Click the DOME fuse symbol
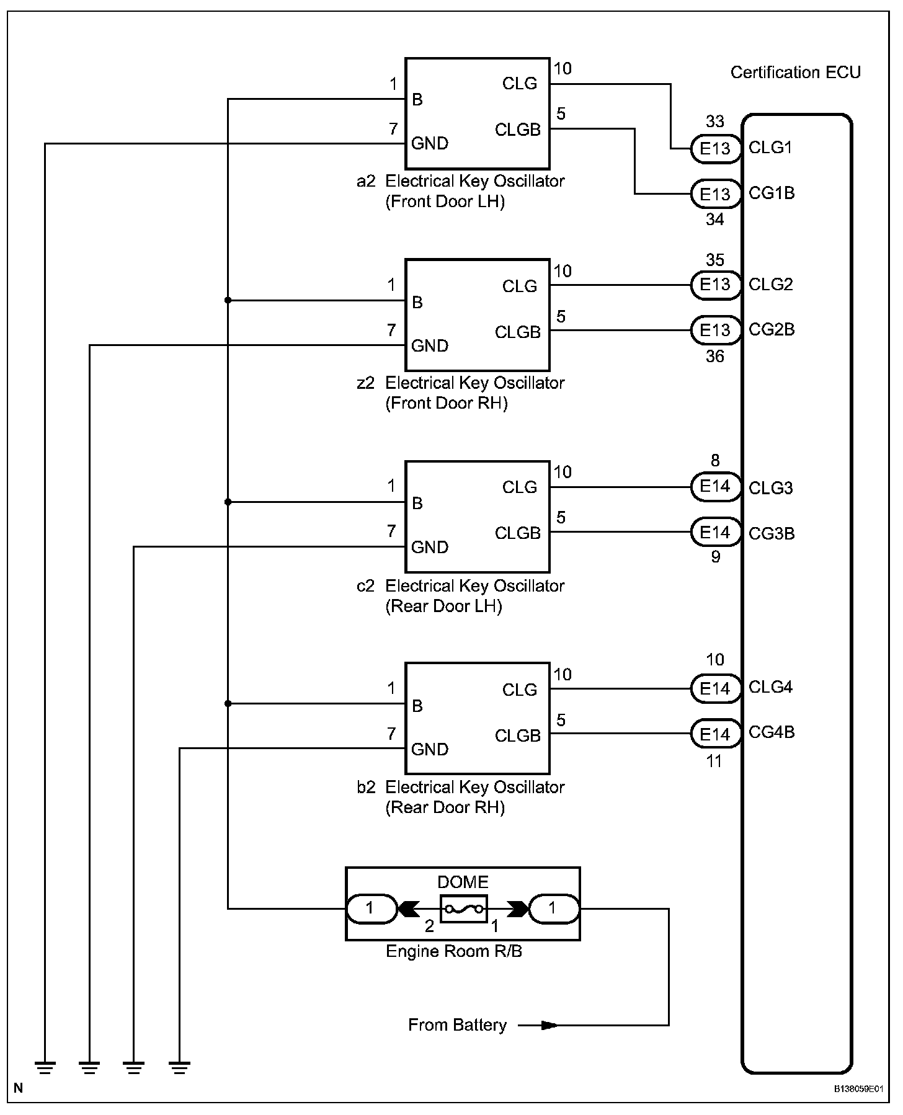pyautogui.click(x=463, y=909)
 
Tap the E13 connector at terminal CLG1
pyautogui.click(x=716, y=149)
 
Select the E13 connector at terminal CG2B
pyautogui.click(x=716, y=330)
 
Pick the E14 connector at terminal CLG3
pyautogui.click(x=716, y=487)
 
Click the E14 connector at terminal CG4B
pyautogui.click(x=716, y=734)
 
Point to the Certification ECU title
pyautogui.click(x=796, y=73)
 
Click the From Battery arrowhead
pyautogui.click(x=549, y=1025)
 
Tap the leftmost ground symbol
pyautogui.click(x=45, y=1067)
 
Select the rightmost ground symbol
pyautogui.click(x=179, y=1067)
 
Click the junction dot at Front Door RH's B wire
pyautogui.click(x=228, y=300)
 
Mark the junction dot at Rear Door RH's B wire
pyautogui.click(x=228, y=703)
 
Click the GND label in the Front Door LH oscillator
pyautogui.click(x=430, y=143)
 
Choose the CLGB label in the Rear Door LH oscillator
pyautogui.click(x=518, y=533)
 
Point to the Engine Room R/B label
pyautogui.click(x=454, y=951)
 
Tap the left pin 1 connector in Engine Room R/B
pyautogui.click(x=371, y=909)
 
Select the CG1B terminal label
pyautogui.click(x=772, y=193)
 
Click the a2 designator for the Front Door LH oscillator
pyautogui.click(x=366, y=181)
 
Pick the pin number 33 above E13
pyautogui.click(x=715, y=122)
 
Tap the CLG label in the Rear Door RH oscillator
pyautogui.click(x=520, y=690)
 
